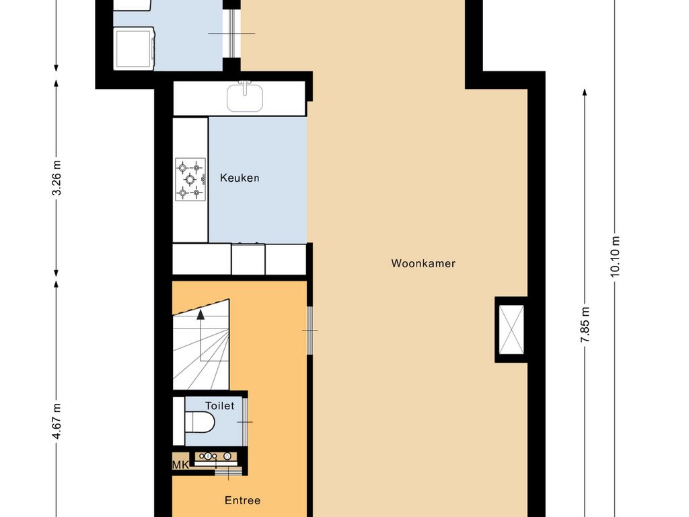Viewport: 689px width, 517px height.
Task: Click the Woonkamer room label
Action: (x=423, y=263)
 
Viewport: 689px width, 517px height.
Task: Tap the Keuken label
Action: (x=240, y=178)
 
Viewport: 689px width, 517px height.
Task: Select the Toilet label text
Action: (x=220, y=406)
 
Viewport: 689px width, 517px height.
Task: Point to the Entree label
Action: (x=242, y=500)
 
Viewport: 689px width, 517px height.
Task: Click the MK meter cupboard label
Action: (x=180, y=464)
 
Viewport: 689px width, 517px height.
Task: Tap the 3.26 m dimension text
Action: (x=57, y=178)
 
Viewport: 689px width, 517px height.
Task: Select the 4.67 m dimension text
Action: (x=57, y=421)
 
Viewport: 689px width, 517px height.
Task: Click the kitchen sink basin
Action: (x=245, y=98)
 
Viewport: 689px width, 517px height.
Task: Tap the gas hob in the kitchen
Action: (x=190, y=179)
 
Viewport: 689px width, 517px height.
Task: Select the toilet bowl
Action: (x=199, y=422)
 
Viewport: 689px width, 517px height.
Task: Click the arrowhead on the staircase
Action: (x=201, y=314)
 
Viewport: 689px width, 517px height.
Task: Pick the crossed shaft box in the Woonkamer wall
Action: (x=512, y=330)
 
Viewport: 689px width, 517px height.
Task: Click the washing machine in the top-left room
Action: (x=134, y=48)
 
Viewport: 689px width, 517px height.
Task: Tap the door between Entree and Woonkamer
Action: (x=310, y=330)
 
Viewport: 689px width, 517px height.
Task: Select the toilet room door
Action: (x=245, y=421)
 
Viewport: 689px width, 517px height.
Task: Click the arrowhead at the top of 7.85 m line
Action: (x=585, y=92)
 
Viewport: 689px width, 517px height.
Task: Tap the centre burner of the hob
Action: (x=190, y=179)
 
